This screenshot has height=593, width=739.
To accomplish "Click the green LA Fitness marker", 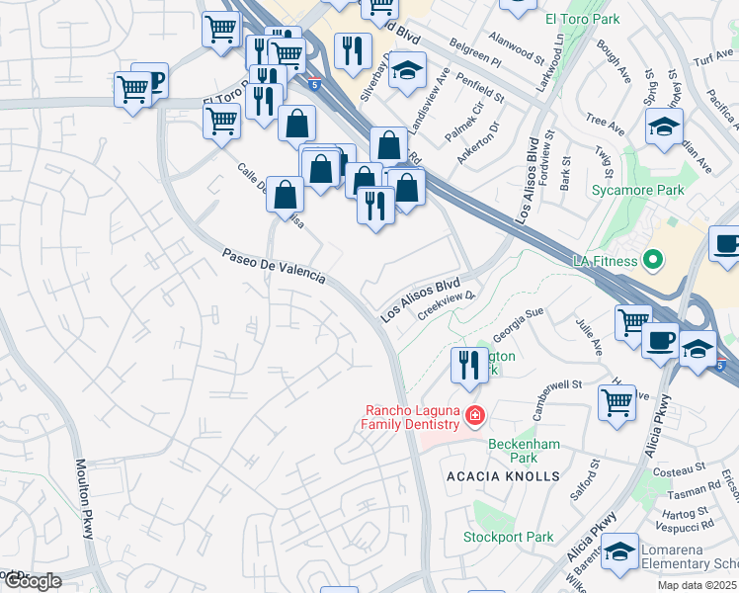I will pyautogui.click(x=651, y=261).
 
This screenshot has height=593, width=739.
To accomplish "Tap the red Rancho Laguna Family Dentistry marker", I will pyautogui.click(x=475, y=415).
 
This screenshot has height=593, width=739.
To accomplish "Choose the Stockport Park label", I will pyautogui.click(x=509, y=538).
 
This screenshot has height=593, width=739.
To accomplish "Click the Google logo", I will pyautogui.click(x=32, y=581).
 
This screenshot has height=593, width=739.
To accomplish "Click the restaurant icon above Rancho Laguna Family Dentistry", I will pyautogui.click(x=470, y=365).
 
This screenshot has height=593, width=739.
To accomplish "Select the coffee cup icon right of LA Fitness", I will pyautogui.click(x=727, y=244).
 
